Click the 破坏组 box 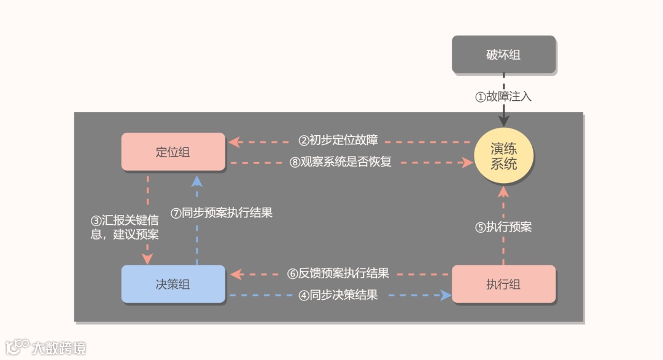(x=503, y=55)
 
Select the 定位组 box (x=173, y=152)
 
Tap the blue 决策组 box (x=173, y=284)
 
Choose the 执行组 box (x=503, y=284)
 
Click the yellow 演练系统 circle (x=503, y=157)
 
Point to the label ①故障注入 (x=503, y=96)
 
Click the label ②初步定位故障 (x=338, y=140)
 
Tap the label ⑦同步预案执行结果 (x=221, y=213)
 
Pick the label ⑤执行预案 (x=503, y=227)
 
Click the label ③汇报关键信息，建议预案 (x=125, y=227)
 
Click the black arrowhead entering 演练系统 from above (x=503, y=122)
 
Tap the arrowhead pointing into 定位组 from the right (x=233, y=143)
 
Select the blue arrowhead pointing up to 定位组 (x=196, y=179)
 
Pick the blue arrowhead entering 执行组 (x=446, y=295)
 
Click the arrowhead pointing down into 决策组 (x=147, y=258)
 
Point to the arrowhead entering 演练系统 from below (x=503, y=191)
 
